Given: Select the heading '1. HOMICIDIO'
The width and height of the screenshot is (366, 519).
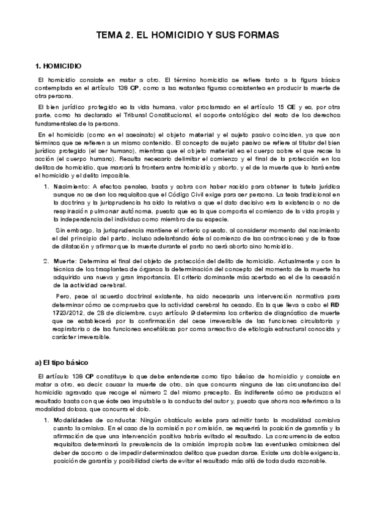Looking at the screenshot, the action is pyautogui.click(x=59, y=65).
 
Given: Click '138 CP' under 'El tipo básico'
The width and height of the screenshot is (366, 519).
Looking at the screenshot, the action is pyautogui.click(x=77, y=376).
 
